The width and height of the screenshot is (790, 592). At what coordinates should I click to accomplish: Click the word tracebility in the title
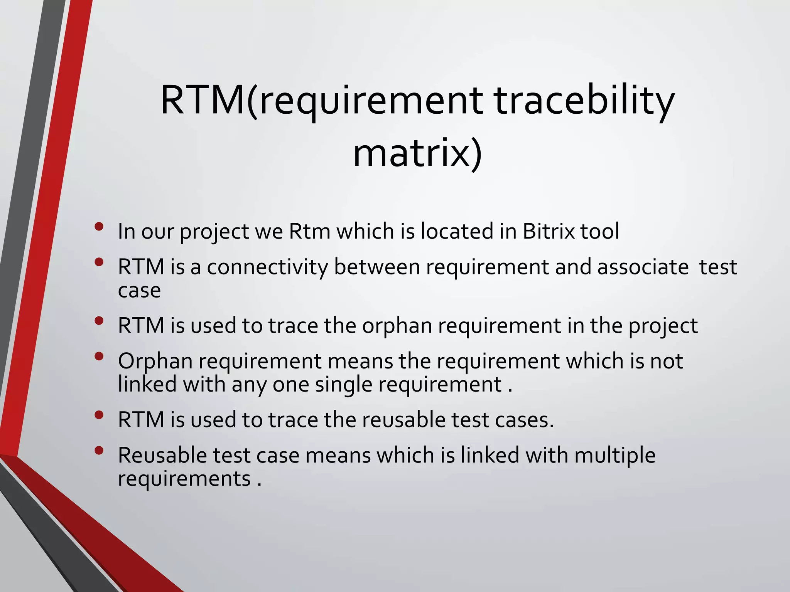point(584,101)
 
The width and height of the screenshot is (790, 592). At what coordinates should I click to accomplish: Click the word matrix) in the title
point(417,154)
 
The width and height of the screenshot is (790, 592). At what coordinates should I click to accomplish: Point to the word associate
point(643,267)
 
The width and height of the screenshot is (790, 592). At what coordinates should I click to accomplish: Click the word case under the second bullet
point(139,290)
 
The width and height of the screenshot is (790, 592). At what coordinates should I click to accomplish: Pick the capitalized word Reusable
point(162,455)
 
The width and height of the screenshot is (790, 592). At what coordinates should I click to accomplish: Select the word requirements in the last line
point(184,479)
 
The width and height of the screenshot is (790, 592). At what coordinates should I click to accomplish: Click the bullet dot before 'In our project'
point(99,226)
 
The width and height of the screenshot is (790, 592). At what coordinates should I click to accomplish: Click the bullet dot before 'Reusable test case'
point(99,450)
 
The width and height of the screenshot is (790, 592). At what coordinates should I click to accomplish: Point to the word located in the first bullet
point(457,231)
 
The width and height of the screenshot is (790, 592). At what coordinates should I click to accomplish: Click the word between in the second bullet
point(376,267)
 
